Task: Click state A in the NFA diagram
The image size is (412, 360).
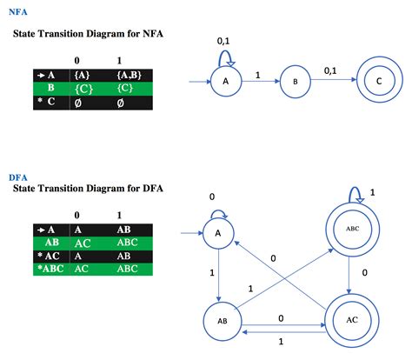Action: pyautogui.click(x=226, y=83)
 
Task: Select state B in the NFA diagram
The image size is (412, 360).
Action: pyautogui.click(x=294, y=83)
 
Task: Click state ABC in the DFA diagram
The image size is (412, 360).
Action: pyautogui.click(x=351, y=230)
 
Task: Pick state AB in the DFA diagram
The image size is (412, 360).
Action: pyautogui.click(x=222, y=319)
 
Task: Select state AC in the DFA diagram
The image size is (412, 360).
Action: pyautogui.click(x=351, y=319)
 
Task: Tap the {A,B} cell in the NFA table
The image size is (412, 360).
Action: pyautogui.click(x=129, y=75)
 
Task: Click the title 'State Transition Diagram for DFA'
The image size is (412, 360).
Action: pyautogui.click(x=88, y=189)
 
